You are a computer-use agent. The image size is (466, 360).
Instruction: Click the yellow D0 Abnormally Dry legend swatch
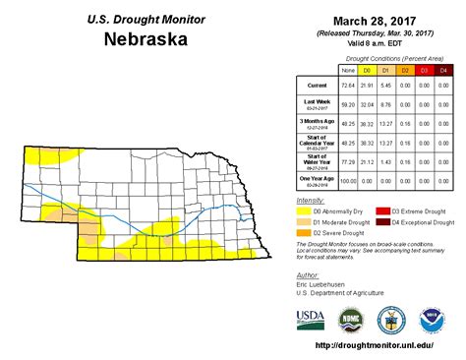tap(304, 211)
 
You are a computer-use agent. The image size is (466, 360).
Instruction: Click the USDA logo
tap(312, 320)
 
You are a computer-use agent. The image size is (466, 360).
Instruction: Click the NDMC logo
tap(351, 320)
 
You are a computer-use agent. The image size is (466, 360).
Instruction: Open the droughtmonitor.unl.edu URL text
tap(376, 346)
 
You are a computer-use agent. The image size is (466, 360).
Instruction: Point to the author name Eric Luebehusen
tap(322, 284)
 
